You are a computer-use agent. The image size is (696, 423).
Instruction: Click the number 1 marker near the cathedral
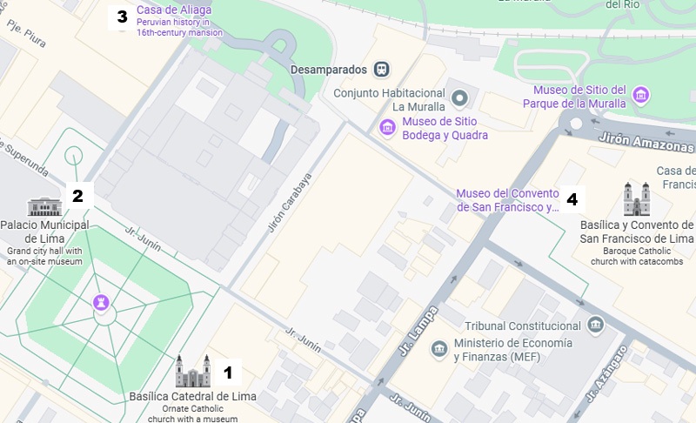point(228,373)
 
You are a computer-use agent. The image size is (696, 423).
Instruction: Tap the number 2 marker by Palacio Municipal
point(77,196)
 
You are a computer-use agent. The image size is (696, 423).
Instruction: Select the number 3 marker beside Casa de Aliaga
point(122,17)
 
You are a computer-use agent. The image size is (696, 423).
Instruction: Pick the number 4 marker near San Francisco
point(572,199)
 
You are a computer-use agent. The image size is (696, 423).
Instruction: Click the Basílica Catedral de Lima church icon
point(192,372)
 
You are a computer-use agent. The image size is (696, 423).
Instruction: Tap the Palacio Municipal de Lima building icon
point(44,206)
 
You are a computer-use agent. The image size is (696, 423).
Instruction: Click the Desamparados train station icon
point(380,69)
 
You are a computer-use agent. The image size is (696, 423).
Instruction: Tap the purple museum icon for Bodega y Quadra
point(387,129)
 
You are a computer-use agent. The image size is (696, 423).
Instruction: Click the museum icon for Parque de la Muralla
point(641,94)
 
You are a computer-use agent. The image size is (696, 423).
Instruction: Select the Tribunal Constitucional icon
point(596,326)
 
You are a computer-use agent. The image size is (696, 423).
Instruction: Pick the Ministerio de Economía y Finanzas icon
point(439,349)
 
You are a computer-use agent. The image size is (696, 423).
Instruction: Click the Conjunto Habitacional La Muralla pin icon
point(460,96)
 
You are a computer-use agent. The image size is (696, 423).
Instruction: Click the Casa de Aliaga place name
point(174,11)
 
